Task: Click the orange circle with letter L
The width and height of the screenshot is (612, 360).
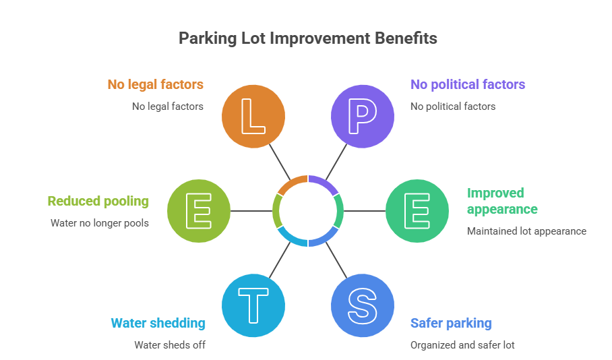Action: click(253, 116)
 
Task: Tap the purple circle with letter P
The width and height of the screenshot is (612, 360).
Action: click(362, 116)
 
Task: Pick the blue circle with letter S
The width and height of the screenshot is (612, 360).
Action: click(362, 305)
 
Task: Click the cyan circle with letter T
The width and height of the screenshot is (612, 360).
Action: click(253, 305)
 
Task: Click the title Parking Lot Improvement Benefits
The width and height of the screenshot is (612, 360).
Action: click(307, 38)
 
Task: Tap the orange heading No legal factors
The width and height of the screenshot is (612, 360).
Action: click(155, 84)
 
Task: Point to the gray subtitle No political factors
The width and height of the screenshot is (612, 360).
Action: click(452, 106)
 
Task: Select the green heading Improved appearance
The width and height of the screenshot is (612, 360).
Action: click(502, 201)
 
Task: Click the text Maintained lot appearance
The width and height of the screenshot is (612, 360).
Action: click(526, 231)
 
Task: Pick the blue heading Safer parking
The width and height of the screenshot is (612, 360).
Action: click(451, 323)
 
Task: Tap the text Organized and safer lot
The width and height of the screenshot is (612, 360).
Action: click(462, 344)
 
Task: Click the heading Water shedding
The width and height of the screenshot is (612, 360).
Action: click(158, 323)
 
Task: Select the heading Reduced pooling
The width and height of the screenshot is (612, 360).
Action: click(98, 201)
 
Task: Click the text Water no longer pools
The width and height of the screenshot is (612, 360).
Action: click(100, 222)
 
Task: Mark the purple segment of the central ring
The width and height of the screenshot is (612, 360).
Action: click(323, 183)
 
